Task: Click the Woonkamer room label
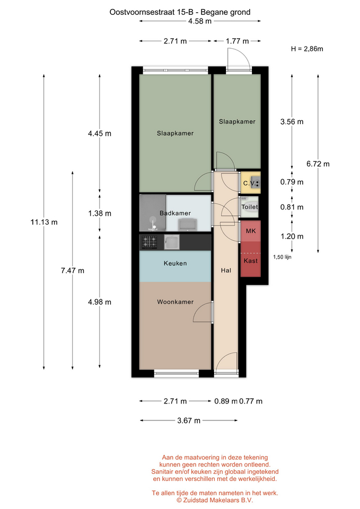(x=175, y=302)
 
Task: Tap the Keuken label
(x=175, y=264)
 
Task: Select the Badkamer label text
(x=175, y=213)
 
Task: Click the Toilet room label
(x=249, y=207)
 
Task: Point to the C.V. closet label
(x=249, y=183)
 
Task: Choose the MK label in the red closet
(x=251, y=231)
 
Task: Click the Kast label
(x=251, y=261)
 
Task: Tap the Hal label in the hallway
(x=226, y=270)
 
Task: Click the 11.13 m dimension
(x=44, y=222)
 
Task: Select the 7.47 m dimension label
(x=73, y=270)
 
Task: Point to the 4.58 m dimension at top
(x=200, y=21)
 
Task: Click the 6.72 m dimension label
(x=318, y=164)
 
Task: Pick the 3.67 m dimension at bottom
(x=189, y=420)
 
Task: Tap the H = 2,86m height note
(x=307, y=49)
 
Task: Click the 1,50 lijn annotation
(x=282, y=257)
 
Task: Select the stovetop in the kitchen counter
(x=149, y=242)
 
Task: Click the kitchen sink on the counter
(x=172, y=242)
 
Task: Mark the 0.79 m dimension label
(x=292, y=182)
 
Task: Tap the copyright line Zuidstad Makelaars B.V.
(x=215, y=500)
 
